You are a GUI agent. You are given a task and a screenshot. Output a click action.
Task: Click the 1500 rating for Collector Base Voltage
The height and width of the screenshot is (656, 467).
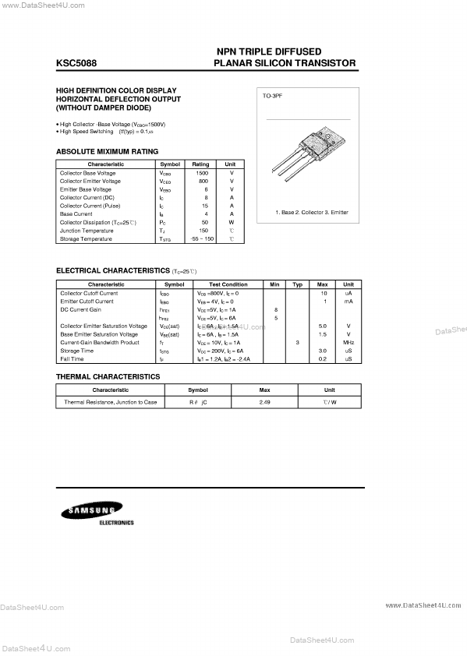(x=201, y=173)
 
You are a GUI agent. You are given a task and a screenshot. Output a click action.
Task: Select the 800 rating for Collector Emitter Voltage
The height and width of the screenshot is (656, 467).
(x=201, y=181)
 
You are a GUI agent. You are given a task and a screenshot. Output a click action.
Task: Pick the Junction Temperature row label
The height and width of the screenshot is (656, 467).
(x=86, y=231)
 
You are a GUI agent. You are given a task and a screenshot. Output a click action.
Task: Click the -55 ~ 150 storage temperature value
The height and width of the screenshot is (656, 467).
(x=201, y=238)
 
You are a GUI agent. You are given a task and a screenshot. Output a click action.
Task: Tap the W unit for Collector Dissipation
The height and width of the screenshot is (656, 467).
(x=231, y=222)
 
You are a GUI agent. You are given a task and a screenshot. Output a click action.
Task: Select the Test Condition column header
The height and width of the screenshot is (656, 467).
(x=228, y=284)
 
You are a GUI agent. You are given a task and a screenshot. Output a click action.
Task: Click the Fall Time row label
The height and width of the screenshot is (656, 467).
(x=72, y=358)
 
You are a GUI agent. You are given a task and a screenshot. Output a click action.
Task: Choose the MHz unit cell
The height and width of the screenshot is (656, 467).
(x=348, y=342)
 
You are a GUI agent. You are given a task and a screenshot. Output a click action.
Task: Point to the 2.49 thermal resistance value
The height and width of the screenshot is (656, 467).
(x=264, y=402)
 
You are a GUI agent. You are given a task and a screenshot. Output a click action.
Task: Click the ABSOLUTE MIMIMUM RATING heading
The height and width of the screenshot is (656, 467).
(x=107, y=151)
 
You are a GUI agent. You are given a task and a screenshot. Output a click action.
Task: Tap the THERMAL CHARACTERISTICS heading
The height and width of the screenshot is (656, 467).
(x=108, y=376)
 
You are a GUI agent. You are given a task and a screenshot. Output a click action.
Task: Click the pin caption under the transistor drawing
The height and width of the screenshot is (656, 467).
(x=312, y=212)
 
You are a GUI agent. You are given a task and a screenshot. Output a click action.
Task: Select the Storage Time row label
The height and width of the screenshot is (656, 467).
(x=78, y=351)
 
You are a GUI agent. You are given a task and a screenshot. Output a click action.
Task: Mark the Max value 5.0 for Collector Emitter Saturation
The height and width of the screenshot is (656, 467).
(x=322, y=326)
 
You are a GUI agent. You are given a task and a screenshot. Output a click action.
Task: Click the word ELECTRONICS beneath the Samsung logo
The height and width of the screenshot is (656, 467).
(x=116, y=523)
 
